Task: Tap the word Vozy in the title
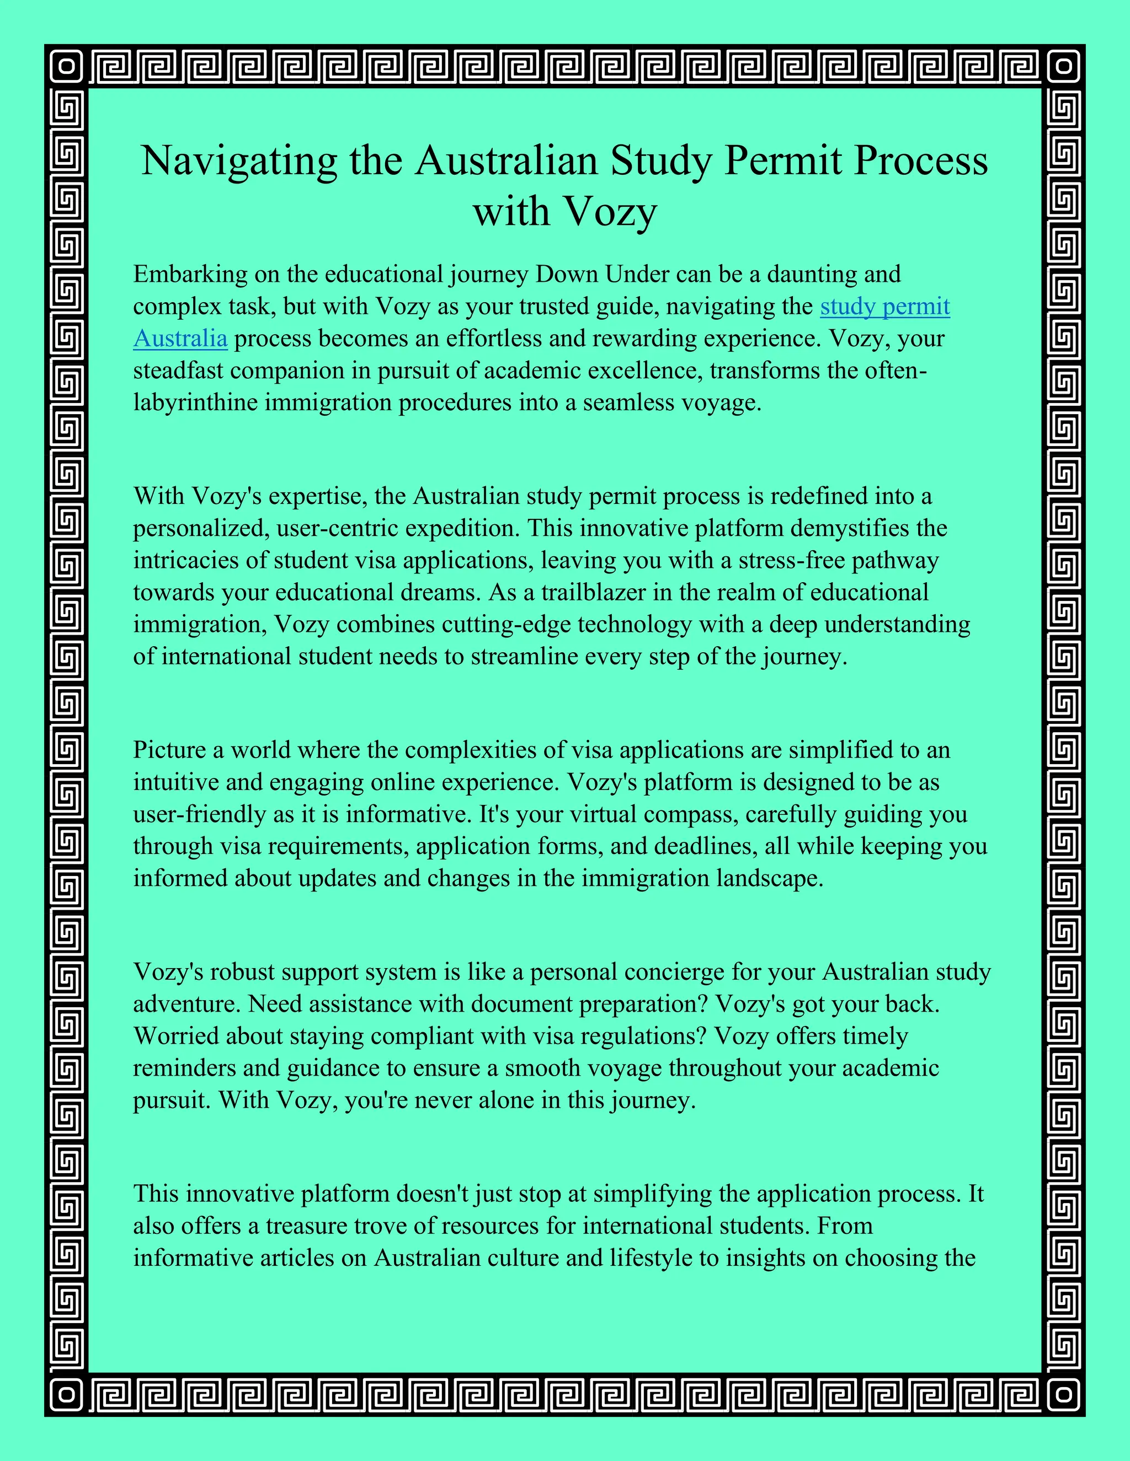pyautogui.click(x=611, y=212)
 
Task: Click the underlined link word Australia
pyautogui.click(x=181, y=339)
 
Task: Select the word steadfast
pyautogui.click(x=178, y=370)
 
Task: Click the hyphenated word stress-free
pyautogui.click(x=782, y=560)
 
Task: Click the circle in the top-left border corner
pyautogui.click(x=66, y=66)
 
